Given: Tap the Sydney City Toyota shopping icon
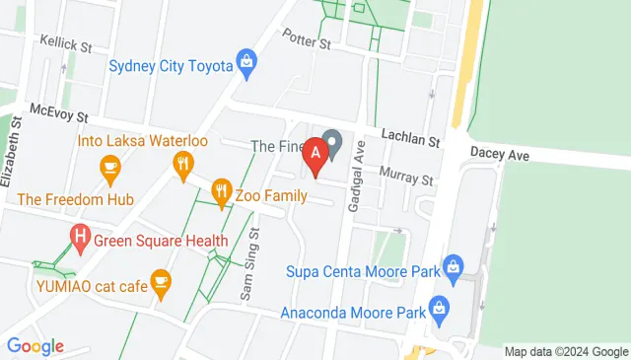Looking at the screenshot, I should pos(246,66).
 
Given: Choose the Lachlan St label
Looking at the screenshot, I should pos(410,141).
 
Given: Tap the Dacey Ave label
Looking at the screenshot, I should pos(500,154).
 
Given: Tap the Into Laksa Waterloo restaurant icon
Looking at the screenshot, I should pos(181,165).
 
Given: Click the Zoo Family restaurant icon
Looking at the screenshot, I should pos(221,191).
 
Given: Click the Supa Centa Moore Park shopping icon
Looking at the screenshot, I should pos(453,265).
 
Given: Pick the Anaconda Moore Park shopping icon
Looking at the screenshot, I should pos(441,309).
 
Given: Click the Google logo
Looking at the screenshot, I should pos(35,346).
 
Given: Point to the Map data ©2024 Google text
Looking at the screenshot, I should pos(566,351).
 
